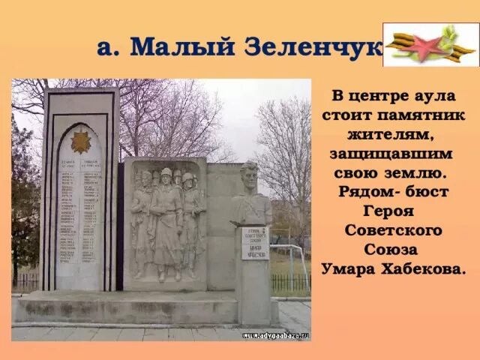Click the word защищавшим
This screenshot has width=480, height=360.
pyautogui.click(x=391, y=154)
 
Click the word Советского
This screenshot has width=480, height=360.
pyautogui.click(x=394, y=229)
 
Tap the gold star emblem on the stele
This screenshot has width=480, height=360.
pyautogui.click(x=80, y=140)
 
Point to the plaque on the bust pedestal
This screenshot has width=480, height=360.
pyautogui.click(x=254, y=244)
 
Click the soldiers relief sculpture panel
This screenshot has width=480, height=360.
pyautogui.click(x=165, y=221)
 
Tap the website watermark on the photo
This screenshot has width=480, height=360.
pyautogui.click(x=275, y=335)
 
